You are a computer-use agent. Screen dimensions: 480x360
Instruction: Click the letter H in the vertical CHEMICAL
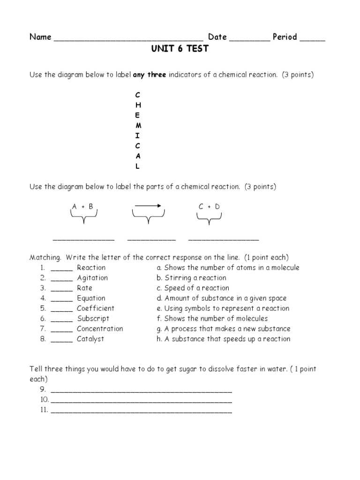(138, 105)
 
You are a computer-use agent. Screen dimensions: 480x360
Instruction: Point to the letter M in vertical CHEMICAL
(138, 126)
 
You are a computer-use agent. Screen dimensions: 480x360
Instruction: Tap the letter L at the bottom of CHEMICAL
(138, 166)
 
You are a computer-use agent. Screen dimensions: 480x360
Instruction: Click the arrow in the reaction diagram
(148, 205)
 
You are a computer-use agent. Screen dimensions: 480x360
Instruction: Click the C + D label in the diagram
(209, 206)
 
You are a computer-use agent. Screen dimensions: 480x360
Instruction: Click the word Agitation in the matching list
(92, 278)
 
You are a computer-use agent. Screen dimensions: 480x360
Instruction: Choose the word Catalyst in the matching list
(90, 339)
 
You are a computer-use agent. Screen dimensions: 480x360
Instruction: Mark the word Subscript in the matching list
(93, 319)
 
